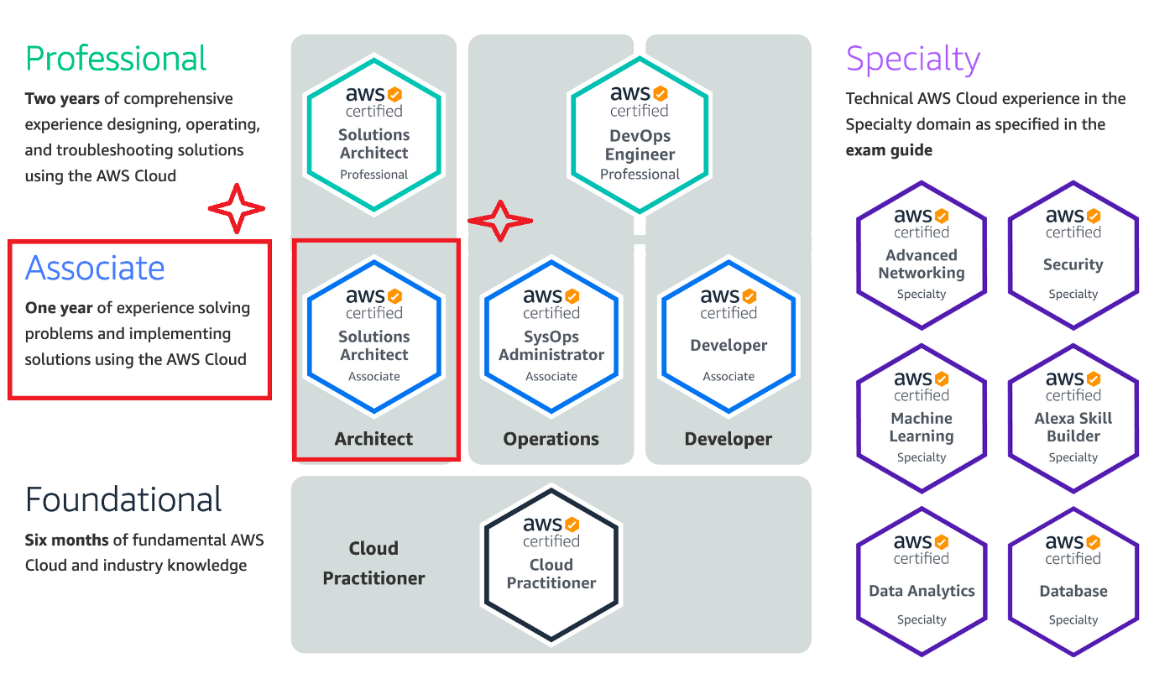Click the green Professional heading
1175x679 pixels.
pyautogui.click(x=116, y=59)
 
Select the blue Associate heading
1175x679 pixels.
pyautogui.click(x=95, y=268)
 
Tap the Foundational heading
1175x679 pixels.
pyautogui.click(x=123, y=499)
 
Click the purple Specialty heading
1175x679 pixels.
pyautogui.click(x=913, y=59)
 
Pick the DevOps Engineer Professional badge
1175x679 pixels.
pyautogui.click(x=640, y=134)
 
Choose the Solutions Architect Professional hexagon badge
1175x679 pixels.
pyautogui.click(x=374, y=134)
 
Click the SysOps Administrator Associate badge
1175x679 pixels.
pyautogui.click(x=551, y=337)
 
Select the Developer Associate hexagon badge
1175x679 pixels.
pyautogui.click(x=728, y=337)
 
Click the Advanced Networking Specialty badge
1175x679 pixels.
pyautogui.click(x=922, y=255)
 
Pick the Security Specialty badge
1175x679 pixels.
pyautogui.click(x=1073, y=255)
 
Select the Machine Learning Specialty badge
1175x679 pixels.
pyautogui.click(x=922, y=418)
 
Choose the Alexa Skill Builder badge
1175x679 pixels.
pyautogui.click(x=1073, y=418)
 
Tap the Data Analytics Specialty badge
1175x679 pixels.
pyautogui.click(x=922, y=581)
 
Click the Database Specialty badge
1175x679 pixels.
pyautogui.click(x=1073, y=581)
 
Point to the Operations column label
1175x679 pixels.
pyautogui.click(x=551, y=439)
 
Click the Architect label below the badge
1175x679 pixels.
pyautogui.click(x=374, y=439)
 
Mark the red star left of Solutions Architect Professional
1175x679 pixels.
pyautogui.click(x=237, y=207)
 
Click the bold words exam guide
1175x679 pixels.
pyautogui.click(x=889, y=150)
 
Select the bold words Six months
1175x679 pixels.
pyautogui.click(x=60, y=540)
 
